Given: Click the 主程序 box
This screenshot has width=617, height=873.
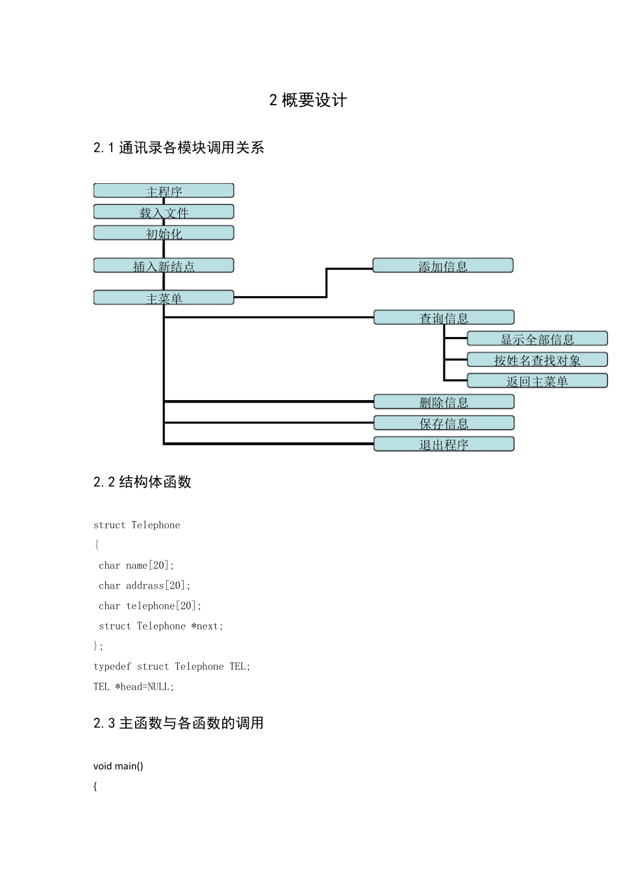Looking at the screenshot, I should click(x=164, y=191).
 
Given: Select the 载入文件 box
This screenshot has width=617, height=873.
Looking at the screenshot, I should click(x=164, y=212).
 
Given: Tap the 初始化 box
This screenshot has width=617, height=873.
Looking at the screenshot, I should click(x=164, y=233).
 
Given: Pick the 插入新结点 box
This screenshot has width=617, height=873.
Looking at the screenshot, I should click(x=164, y=266).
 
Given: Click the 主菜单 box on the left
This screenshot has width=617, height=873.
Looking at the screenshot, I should click(x=164, y=297).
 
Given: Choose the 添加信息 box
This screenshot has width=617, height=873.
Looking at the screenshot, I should click(x=443, y=266).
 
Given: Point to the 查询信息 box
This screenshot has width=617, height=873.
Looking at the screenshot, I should click(x=444, y=318).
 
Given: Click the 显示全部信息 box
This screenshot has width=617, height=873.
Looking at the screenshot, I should click(x=537, y=338).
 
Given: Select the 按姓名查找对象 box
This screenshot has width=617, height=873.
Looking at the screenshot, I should click(x=537, y=360).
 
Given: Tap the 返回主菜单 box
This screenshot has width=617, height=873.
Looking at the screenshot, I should click(x=537, y=381).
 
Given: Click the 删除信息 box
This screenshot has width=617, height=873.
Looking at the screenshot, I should click(x=444, y=401).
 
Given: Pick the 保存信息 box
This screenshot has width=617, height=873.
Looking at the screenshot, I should click(x=444, y=423).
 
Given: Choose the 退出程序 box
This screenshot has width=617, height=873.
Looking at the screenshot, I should click(x=444, y=444).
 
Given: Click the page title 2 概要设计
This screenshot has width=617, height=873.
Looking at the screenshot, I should click(x=308, y=100).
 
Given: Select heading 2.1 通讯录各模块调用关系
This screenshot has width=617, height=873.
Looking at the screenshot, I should click(x=179, y=147).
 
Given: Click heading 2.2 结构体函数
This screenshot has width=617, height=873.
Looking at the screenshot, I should click(x=142, y=482).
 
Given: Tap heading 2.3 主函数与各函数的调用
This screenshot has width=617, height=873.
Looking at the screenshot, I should click(x=179, y=723).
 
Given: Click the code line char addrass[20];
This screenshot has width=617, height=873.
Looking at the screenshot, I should click(x=144, y=585).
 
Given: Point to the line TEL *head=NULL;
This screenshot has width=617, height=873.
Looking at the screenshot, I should click(x=134, y=687).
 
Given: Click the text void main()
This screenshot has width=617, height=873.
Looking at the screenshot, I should click(x=118, y=766).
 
